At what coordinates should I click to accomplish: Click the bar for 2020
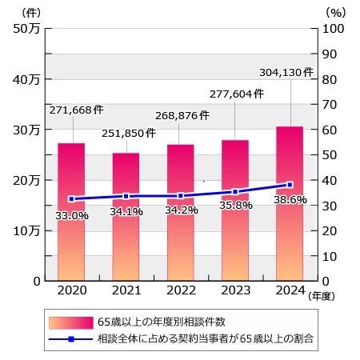click(x=71, y=211)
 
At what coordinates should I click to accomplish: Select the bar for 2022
click(x=180, y=212)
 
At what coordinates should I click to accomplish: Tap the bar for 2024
click(x=289, y=203)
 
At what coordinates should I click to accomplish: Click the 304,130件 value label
click(x=286, y=73)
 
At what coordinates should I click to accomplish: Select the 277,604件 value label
click(x=235, y=94)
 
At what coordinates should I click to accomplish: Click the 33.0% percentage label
click(x=72, y=215)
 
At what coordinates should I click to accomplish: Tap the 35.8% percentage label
click(x=235, y=205)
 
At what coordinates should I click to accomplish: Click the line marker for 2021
click(x=126, y=196)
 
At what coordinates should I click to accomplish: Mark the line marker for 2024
click(x=289, y=185)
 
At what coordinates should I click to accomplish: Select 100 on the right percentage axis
click(x=332, y=29)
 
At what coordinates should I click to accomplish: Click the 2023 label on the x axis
click(x=234, y=290)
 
